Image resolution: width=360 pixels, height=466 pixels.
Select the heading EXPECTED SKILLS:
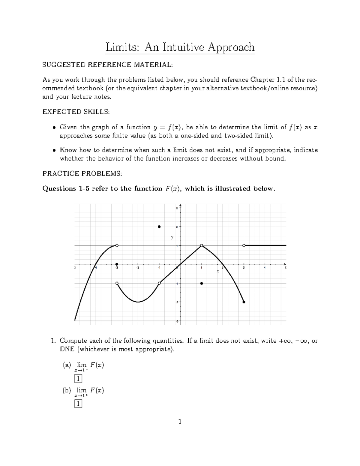pos(76,112)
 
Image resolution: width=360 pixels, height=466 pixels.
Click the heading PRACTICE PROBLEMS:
pos(82,173)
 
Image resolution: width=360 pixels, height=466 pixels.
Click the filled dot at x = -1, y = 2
pos(159,227)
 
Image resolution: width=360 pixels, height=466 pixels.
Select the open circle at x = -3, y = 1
pos(117,245)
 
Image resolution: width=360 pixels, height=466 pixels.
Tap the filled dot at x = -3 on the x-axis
pos(117,264)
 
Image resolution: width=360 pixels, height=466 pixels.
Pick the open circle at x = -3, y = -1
pos(117,283)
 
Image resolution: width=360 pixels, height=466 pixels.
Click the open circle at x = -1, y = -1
pos(159,283)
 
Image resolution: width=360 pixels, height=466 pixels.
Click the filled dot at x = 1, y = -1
pos(202,283)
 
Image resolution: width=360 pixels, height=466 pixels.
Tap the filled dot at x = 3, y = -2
pos(244,302)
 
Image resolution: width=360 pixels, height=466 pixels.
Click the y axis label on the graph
pos(172,237)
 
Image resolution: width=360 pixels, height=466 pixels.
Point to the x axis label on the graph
pos(218,271)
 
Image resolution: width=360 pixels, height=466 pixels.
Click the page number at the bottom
pos(180,422)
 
